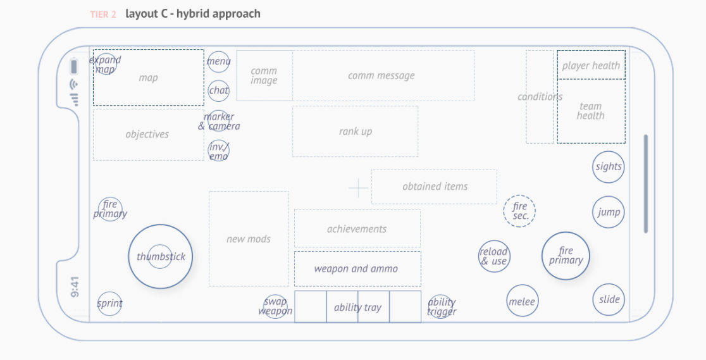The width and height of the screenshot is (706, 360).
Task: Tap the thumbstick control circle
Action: (x=160, y=256)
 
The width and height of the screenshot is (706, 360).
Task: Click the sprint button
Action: (x=109, y=304)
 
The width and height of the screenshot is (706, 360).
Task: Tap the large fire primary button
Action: (x=566, y=256)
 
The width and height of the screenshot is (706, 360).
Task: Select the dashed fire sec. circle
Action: (x=519, y=211)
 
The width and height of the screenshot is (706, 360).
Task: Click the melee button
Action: (x=522, y=302)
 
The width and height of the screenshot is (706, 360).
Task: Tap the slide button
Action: (x=609, y=300)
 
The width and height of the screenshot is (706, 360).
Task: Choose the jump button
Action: (x=609, y=213)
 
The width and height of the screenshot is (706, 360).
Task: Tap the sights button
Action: (x=608, y=167)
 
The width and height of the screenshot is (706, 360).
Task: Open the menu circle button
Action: (x=218, y=61)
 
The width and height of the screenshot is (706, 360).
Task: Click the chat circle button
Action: (x=218, y=90)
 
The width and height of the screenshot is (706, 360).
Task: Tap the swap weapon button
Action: (x=275, y=306)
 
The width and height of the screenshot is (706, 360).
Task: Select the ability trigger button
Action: (x=441, y=306)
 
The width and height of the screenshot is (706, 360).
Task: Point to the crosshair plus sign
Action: (x=358, y=188)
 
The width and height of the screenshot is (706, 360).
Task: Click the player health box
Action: (x=591, y=65)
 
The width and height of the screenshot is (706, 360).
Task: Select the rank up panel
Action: (x=355, y=132)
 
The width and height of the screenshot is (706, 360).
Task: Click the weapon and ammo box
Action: (x=357, y=269)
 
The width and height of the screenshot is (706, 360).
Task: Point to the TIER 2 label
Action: (x=102, y=14)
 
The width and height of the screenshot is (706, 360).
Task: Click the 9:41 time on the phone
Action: (x=75, y=286)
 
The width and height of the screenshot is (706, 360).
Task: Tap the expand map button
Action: (x=105, y=65)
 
